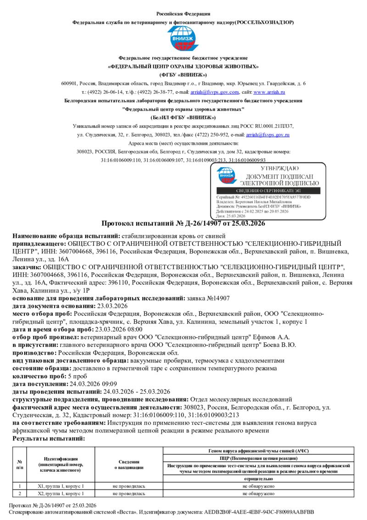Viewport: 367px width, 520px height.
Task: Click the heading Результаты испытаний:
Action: (49, 439)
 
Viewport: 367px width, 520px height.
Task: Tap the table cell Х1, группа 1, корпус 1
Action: (61, 486)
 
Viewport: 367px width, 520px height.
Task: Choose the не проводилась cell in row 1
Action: (129, 486)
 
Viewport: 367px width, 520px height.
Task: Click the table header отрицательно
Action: (258, 479)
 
